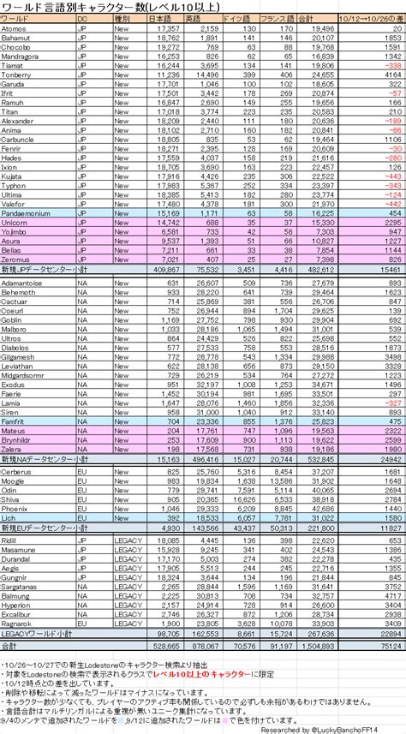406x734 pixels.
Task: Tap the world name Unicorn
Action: click(17, 221)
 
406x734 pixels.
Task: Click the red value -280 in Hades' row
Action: click(392, 158)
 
